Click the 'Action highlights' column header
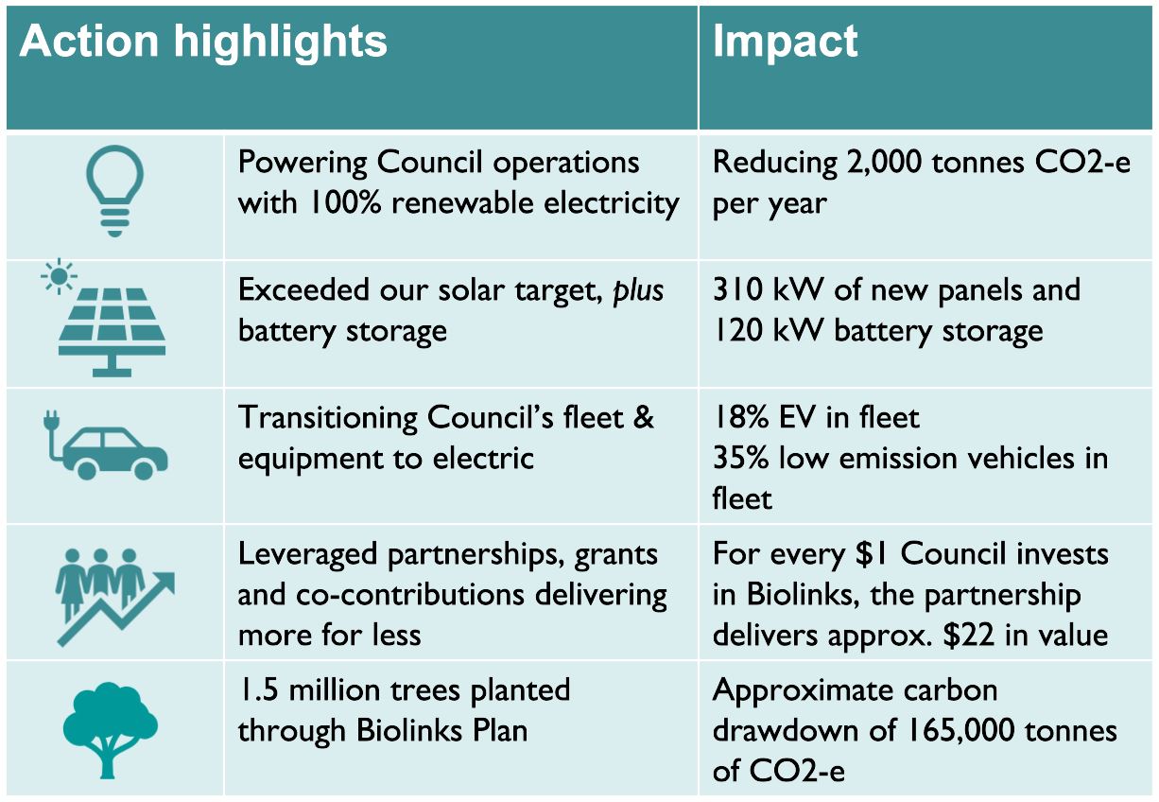(203, 42)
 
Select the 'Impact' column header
(785, 42)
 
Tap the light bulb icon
(114, 191)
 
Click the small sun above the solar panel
(59, 276)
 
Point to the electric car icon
(106, 445)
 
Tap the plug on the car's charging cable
(51, 421)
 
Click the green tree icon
(111, 730)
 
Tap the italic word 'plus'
(638, 291)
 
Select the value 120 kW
(768, 330)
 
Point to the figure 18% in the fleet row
(741, 417)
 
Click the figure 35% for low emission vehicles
(741, 458)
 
